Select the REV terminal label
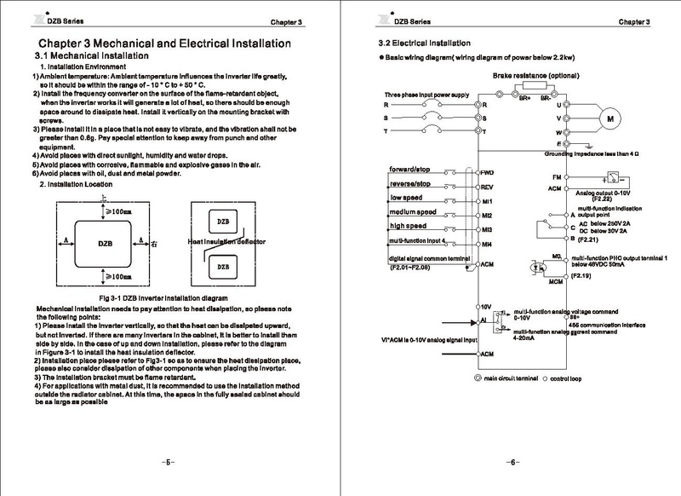coord(488,187)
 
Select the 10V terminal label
coord(487,305)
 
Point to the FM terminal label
coord(555,176)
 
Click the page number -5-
coord(169,462)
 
